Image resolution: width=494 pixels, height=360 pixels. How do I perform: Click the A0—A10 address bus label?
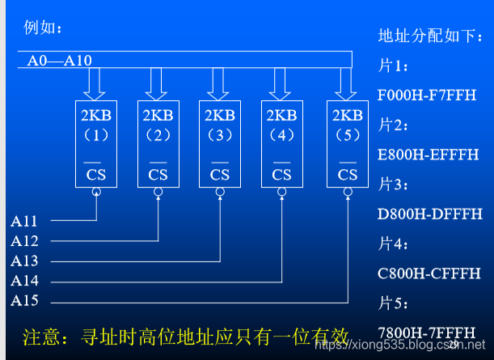pos(60,61)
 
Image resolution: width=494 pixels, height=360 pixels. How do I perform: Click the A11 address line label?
pos(24,220)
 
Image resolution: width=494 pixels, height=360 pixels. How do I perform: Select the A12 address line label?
pos(24,240)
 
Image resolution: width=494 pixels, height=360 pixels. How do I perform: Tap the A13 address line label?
pos(24,260)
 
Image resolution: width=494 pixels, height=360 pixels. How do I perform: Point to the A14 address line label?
pos(24,281)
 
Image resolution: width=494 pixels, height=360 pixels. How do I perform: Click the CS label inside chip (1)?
pos(96,174)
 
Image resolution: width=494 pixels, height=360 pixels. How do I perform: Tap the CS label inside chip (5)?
pos(348,174)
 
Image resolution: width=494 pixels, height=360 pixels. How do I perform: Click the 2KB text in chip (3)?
pos(220,115)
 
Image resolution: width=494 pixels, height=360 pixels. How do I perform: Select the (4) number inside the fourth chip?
pos(282,134)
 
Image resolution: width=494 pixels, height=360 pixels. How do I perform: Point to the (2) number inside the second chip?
pos(158,134)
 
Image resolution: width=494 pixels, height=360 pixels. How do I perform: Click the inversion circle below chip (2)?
pos(158,193)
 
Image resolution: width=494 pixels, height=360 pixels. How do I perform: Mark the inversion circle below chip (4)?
pos(282,193)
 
